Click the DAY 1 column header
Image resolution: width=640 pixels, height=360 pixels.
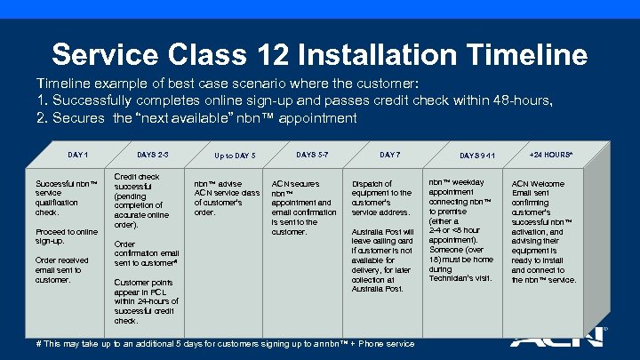pos(77,156)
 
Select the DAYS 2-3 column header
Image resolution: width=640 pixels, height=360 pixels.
pos(153,156)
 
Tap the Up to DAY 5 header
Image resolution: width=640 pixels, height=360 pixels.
pos(235,156)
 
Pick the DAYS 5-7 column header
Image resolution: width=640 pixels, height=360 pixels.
pos(312,156)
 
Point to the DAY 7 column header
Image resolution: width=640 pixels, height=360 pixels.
pos(389,156)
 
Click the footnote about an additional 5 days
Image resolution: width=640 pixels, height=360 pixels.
pos(225,343)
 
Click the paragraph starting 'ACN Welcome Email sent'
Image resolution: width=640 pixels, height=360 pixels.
pos(544,232)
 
